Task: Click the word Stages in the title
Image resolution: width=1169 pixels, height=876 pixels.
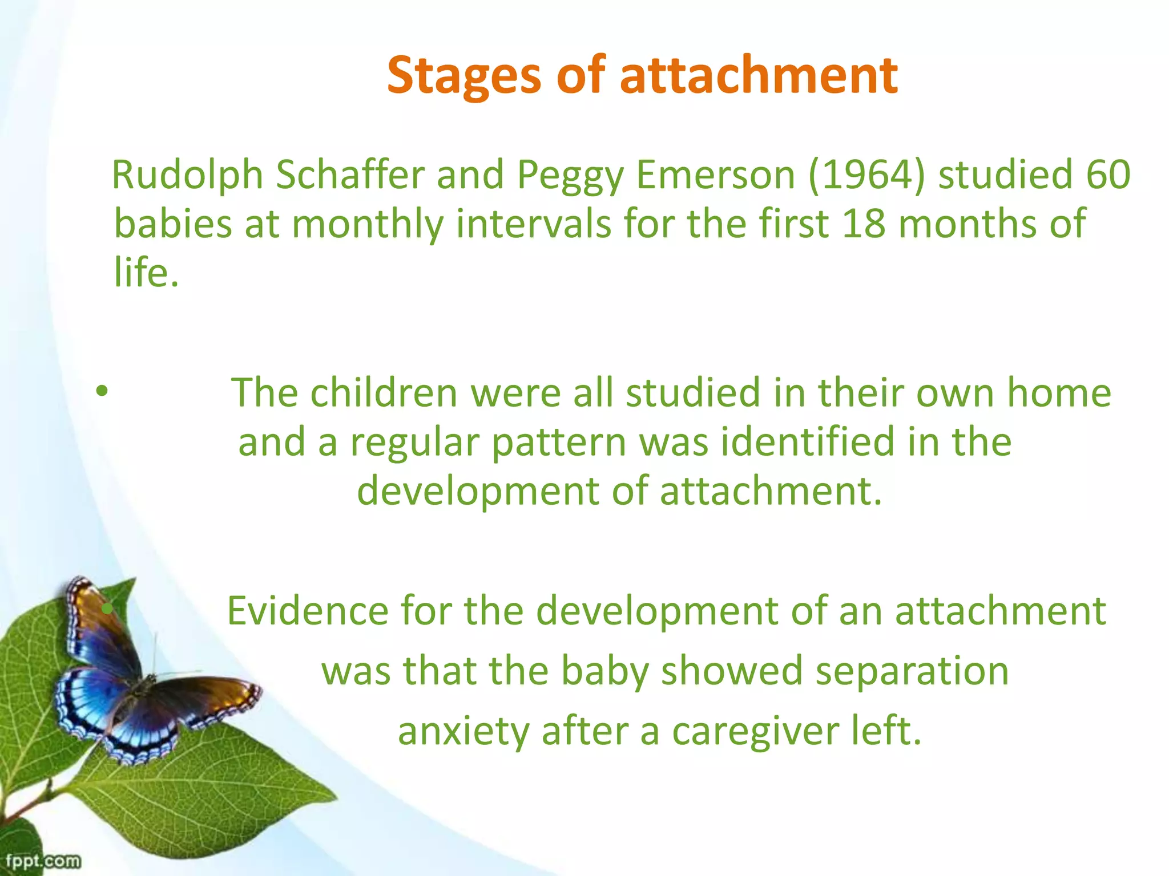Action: click(x=463, y=76)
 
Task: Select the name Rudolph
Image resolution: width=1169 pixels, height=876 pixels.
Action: click(x=187, y=175)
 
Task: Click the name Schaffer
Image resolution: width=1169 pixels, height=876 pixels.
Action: click(x=350, y=175)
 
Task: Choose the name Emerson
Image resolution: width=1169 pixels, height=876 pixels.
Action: click(x=715, y=175)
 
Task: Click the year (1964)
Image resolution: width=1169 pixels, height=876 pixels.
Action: click(x=866, y=175)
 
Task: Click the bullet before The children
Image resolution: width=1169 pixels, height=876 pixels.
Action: click(x=102, y=392)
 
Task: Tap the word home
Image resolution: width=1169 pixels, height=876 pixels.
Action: click(x=1059, y=393)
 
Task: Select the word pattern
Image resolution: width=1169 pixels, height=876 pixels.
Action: click(x=559, y=443)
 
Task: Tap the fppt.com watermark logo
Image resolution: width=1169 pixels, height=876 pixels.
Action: click(x=43, y=861)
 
